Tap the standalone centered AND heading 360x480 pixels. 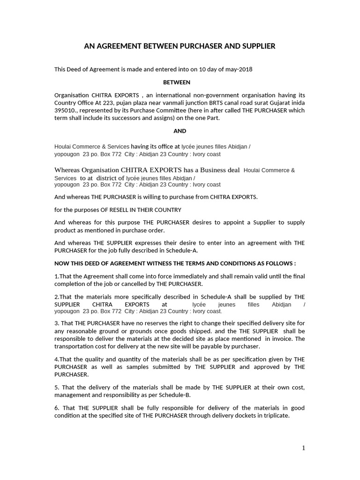coord(180,131)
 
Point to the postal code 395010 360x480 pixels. coord(65,111)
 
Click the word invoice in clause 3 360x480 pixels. coord(282,338)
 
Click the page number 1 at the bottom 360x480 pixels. coord(303,448)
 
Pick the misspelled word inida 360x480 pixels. coord(297,103)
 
